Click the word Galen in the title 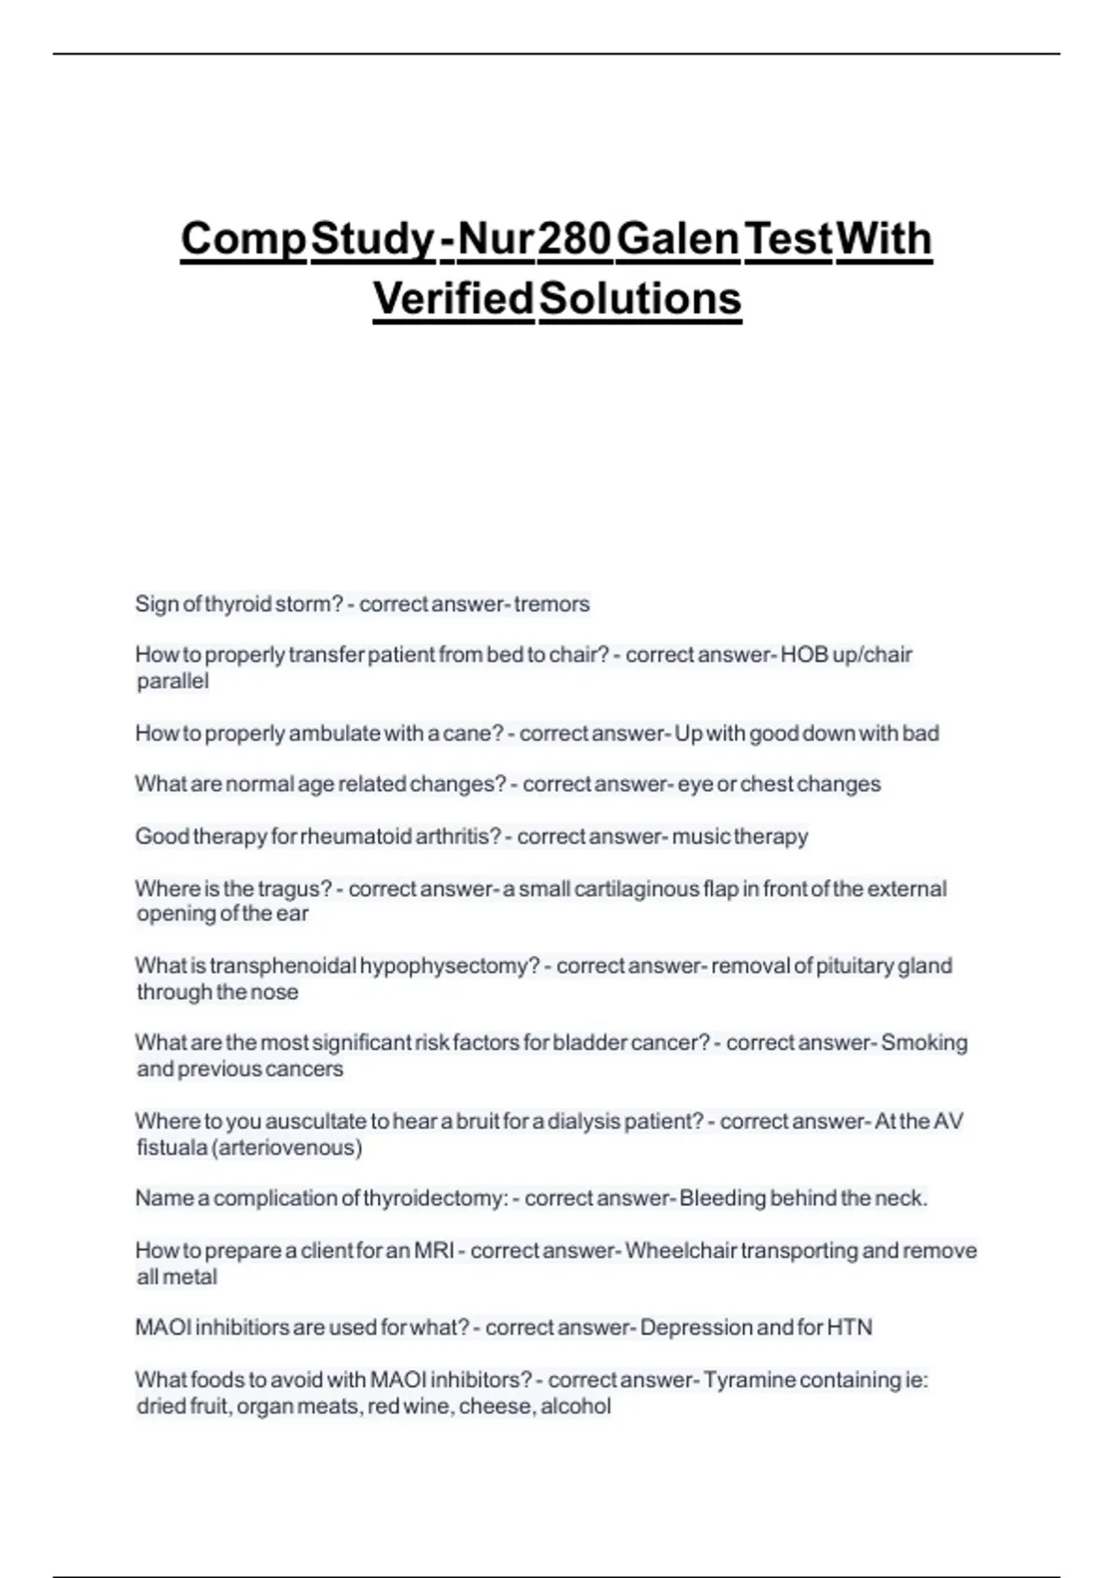[678, 239]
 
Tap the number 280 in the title [575, 239]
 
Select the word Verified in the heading [453, 298]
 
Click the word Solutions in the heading [640, 298]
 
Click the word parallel [173, 681]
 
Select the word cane [482, 733]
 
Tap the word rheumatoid [356, 836]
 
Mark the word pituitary [854, 966]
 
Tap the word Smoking [924, 1042]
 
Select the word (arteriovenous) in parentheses [287, 1147]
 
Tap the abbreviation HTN [849, 1327]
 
